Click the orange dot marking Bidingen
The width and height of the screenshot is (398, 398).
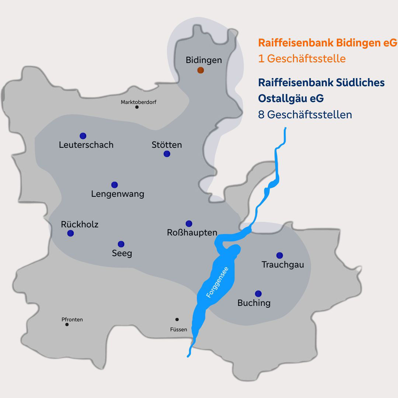point(200,70)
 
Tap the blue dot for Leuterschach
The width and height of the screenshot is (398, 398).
point(83,136)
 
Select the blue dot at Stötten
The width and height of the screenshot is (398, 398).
point(167,154)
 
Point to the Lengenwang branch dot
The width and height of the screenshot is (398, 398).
point(115,185)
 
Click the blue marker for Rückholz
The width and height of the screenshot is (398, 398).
point(71,233)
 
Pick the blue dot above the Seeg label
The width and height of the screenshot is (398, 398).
point(121,244)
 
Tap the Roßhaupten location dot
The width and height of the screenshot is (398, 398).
point(189,224)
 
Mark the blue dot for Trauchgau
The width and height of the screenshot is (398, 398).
point(280,255)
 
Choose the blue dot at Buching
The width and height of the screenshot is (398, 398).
point(258,294)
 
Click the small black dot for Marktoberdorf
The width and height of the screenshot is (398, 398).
point(137,107)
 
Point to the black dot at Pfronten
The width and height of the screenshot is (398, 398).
point(67,324)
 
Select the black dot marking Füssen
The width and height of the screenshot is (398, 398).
point(177,320)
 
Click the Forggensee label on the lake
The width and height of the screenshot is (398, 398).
point(217,282)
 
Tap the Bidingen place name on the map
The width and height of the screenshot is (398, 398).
point(204,60)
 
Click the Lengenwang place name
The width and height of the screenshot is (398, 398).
point(118,194)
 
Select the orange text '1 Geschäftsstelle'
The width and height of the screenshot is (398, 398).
point(302,59)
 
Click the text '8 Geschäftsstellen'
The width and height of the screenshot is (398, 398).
point(305,115)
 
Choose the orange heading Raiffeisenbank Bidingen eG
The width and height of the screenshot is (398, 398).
point(328,43)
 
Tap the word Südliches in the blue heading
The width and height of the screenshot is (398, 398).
point(360,83)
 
